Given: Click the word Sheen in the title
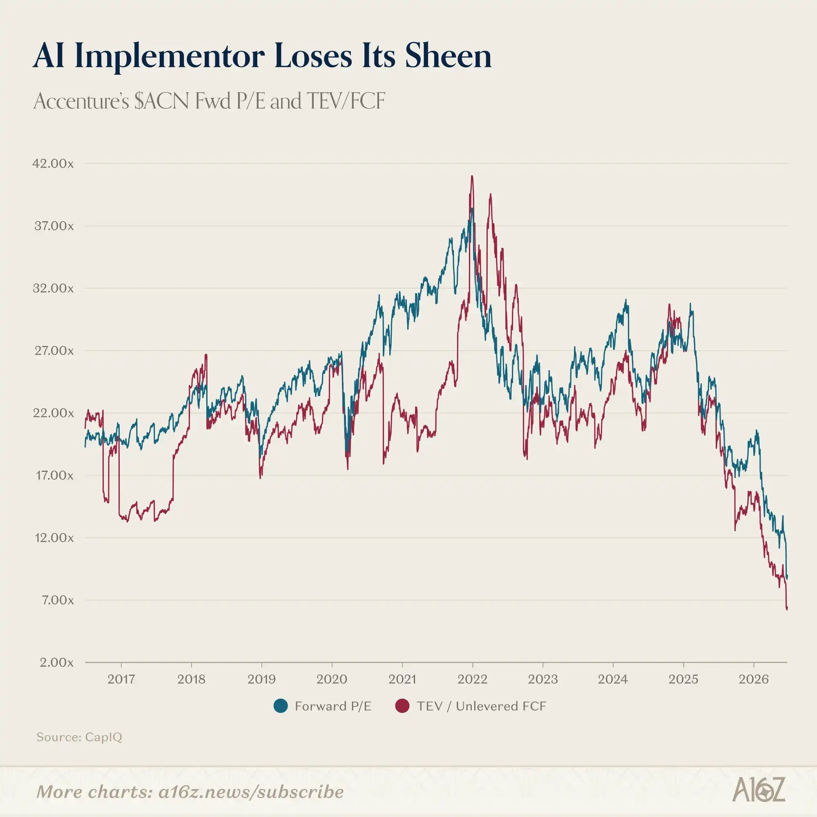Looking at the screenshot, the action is coord(448,56).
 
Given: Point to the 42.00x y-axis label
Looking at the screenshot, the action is coord(53,164).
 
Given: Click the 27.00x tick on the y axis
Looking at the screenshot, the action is coord(54,351).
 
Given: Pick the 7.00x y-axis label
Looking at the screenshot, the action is coord(58,600).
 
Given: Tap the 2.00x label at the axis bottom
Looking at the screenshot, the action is coord(57,663).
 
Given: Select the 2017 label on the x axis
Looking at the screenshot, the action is coord(121,680).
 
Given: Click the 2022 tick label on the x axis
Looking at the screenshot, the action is coord(472,680).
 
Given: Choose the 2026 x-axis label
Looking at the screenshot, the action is coord(753,680).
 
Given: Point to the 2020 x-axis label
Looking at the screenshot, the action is coord(332,680).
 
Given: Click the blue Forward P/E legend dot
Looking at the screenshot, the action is coord(281,706).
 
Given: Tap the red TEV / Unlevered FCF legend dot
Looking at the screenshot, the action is coord(402,706).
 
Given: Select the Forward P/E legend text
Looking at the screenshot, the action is coord(333,706).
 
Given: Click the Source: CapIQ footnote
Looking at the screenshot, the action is coord(79,737).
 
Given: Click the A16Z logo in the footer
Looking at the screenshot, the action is coord(758,789).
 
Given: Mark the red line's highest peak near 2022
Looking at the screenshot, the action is coord(472,176).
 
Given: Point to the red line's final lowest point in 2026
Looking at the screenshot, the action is coord(786,609).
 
